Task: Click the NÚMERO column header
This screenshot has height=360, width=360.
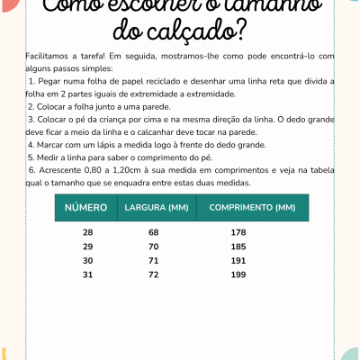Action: pos(87,209)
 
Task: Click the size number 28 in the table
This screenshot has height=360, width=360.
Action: pos(87,233)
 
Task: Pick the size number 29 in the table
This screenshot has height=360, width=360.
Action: pos(87,246)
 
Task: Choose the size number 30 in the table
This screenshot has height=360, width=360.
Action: pos(87,259)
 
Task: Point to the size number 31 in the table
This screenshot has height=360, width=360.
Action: pos(87,273)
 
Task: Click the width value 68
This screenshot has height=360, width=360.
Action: pos(153,233)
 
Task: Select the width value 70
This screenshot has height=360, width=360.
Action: pos(153,246)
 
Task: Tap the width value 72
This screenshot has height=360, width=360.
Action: pos(153,273)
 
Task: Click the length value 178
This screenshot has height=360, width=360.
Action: pos(238,233)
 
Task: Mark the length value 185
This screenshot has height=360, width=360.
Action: pos(238,246)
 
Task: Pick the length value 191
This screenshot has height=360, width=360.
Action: pos(238,259)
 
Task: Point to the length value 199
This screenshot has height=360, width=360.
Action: pos(238,273)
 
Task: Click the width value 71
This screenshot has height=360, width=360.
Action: pos(153,259)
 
